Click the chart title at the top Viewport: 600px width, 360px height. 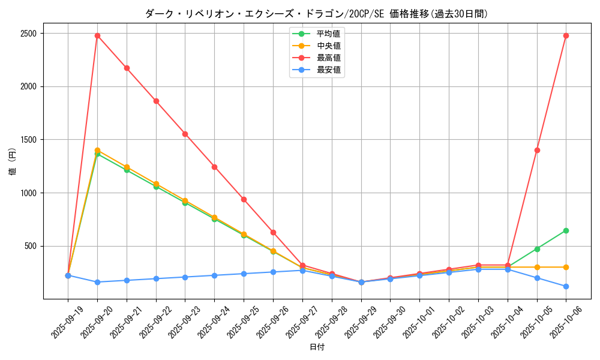coord(316,14)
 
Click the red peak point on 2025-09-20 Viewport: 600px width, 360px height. coord(97,35)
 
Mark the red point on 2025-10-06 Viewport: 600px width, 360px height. coord(566,35)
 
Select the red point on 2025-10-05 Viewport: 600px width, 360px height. coord(537,150)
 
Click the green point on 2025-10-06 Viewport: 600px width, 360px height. coord(566,230)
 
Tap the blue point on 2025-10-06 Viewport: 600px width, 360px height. coord(566,286)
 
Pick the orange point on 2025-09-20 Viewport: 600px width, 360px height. coord(97,150)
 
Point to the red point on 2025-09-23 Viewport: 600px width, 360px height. coord(185,134)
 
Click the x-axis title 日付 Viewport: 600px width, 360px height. coord(317,347)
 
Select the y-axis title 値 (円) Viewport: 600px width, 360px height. coord(13,162)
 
